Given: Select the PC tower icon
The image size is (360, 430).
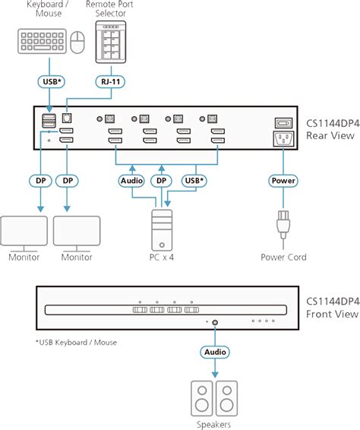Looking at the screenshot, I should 161,227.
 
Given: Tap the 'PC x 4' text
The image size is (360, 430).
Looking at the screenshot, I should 161,257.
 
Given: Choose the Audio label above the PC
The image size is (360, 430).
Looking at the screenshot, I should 131,181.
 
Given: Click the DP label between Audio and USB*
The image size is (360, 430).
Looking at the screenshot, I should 161,181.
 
